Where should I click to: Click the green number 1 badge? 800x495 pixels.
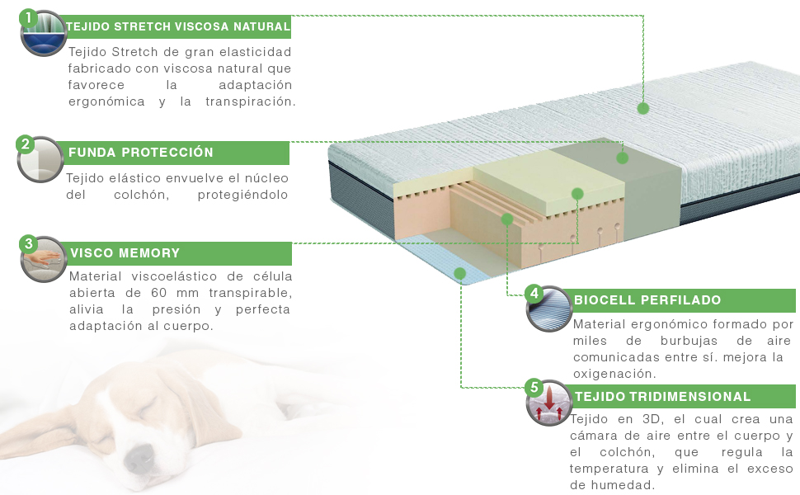click(29, 17)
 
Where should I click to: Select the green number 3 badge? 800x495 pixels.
click(29, 243)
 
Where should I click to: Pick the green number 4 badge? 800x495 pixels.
click(534, 293)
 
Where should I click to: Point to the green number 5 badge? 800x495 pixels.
click(534, 387)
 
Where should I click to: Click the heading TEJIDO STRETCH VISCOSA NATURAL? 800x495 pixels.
click(178, 26)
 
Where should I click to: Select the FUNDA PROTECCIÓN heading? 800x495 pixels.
click(141, 153)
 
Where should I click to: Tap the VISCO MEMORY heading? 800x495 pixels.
click(125, 253)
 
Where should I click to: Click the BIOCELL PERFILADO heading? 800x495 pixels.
click(647, 300)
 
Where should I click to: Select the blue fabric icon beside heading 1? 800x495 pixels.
click(44, 35)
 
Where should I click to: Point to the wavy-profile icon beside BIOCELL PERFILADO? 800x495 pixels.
click(548, 310)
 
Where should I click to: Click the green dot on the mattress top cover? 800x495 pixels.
click(643, 108)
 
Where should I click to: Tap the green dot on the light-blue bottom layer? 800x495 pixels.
click(460, 272)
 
